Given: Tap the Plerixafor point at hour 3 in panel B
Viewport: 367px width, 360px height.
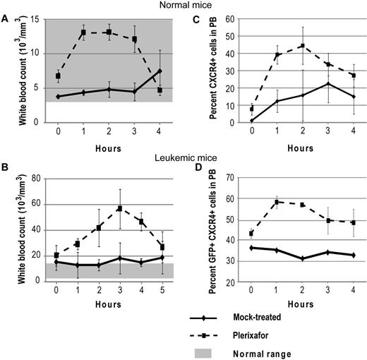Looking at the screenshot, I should click(x=121, y=208).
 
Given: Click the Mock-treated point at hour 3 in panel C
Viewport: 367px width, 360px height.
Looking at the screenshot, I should click(x=328, y=83).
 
